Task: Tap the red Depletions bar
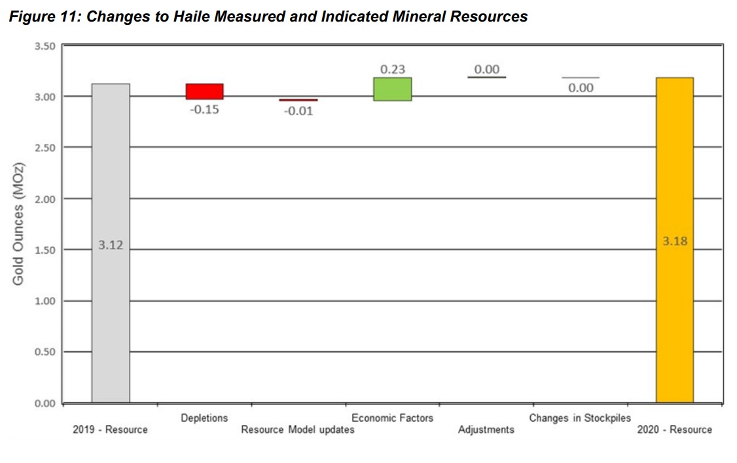point(205,91)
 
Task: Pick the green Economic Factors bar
point(393,89)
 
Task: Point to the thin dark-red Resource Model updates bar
point(298,100)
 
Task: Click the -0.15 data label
point(205,109)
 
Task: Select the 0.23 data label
point(393,69)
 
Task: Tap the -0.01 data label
point(298,111)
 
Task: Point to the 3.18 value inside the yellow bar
point(675,241)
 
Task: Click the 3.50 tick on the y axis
point(45,46)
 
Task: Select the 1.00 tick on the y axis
point(45,301)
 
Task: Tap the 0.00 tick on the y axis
point(45,403)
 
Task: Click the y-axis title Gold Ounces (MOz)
point(18,224)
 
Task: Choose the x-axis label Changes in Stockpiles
point(580,418)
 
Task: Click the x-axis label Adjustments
point(486,430)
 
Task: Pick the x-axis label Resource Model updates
point(298,430)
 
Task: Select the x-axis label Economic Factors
point(392,418)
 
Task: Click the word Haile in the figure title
point(170,17)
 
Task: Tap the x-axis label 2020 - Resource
point(674,430)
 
